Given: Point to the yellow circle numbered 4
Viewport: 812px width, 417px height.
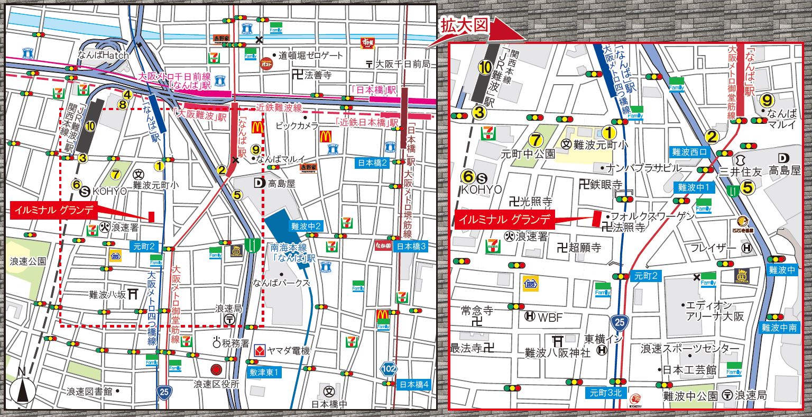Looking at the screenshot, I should [127, 95].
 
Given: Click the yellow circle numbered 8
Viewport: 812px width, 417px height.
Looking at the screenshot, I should [122, 105].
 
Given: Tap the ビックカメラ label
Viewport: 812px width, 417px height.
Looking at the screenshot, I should [297, 126].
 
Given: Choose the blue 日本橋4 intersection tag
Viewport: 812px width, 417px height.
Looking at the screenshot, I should [414, 384].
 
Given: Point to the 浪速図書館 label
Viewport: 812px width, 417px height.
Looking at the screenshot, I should [89, 392].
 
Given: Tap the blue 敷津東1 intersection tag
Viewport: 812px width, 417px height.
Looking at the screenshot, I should [264, 373].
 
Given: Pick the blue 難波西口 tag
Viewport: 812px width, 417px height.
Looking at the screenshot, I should [689, 151].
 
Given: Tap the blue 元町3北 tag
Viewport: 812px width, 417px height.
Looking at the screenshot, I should [606, 393].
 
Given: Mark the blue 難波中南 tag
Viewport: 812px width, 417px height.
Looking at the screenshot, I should [779, 328].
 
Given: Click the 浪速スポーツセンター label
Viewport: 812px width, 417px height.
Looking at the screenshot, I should [690, 349].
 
